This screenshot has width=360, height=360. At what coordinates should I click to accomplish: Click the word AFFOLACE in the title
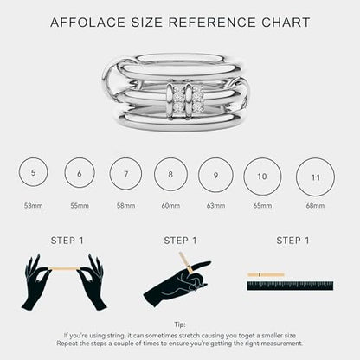[87, 22]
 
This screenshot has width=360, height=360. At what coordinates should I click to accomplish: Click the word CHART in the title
[286, 22]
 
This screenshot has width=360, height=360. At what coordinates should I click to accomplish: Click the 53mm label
[33, 206]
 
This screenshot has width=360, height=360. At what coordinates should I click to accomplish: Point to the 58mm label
[125, 206]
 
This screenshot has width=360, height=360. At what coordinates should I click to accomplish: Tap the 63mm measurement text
[215, 206]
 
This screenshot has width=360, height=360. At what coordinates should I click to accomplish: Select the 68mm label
[315, 206]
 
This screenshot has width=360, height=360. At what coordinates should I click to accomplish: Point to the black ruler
[290, 286]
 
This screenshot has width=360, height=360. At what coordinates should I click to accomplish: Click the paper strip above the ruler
[266, 274]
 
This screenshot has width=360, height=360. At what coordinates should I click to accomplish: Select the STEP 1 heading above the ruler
[292, 241]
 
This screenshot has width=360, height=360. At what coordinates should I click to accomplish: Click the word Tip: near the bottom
[180, 325]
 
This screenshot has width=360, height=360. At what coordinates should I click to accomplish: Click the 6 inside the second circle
[80, 173]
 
